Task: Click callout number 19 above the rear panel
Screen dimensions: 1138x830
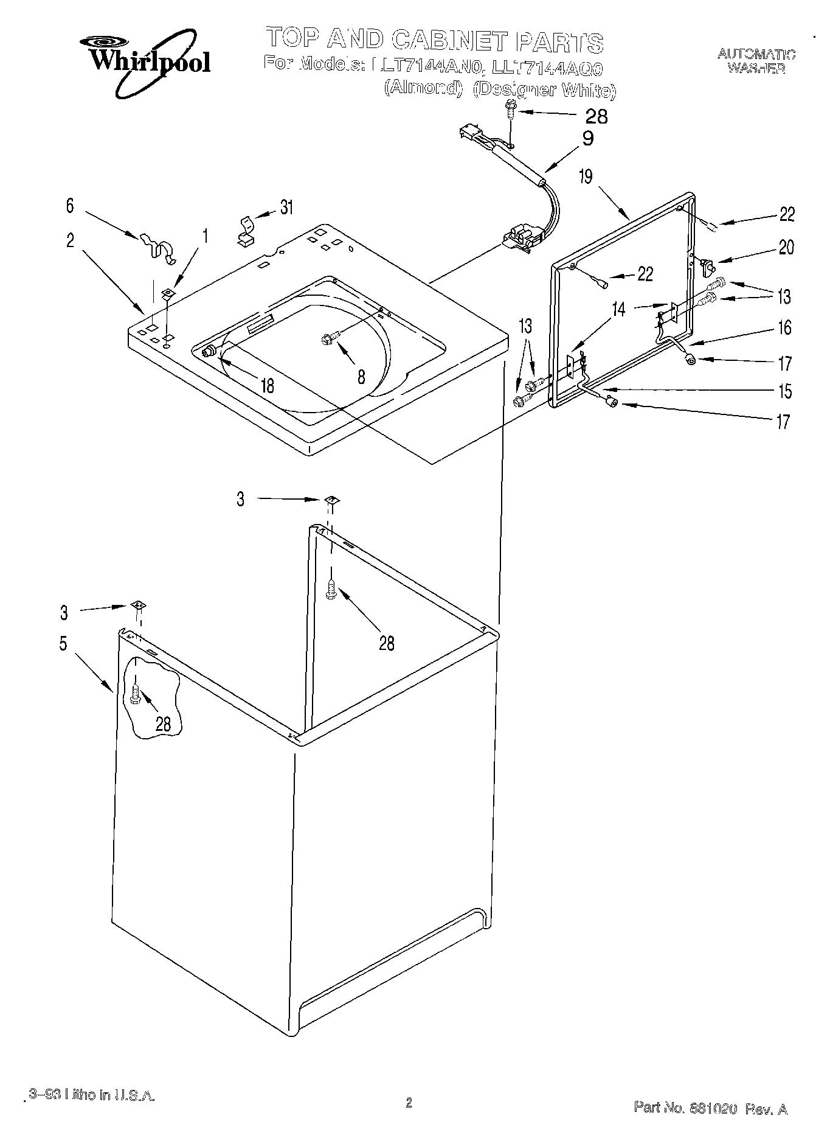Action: coord(585,177)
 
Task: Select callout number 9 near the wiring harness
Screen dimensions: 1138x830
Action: coord(587,139)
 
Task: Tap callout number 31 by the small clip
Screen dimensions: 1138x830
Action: coord(286,208)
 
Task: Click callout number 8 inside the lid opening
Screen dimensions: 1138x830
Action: coord(361,377)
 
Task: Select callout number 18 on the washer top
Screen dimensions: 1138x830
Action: coord(266,385)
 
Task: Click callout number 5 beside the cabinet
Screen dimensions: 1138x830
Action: coord(63,643)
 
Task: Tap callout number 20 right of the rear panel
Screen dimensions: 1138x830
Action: coord(786,248)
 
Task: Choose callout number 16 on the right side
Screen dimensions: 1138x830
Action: coord(785,328)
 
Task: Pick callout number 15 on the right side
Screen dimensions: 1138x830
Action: coord(785,391)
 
